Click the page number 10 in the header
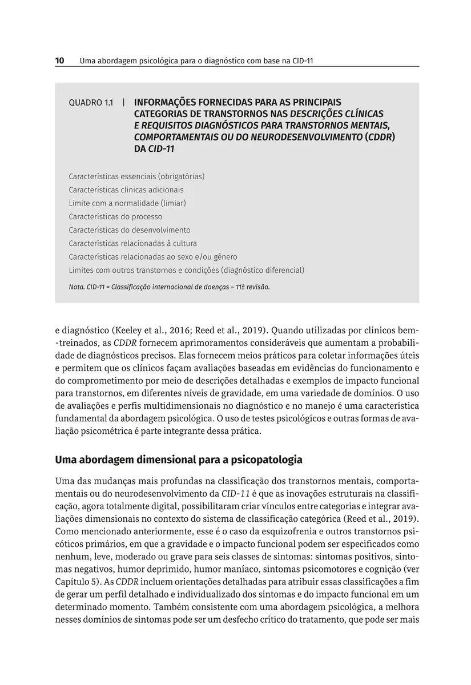(59, 60)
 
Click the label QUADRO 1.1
(90, 103)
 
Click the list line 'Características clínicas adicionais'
(126, 190)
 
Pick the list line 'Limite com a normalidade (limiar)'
(127, 203)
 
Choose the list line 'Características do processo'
(115, 217)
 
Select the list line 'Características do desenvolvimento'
(130, 230)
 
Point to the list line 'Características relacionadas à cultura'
(132, 244)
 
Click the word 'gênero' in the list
(224, 257)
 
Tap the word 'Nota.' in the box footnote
(77, 287)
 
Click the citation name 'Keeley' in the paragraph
(131, 331)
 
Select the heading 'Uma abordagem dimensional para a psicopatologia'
(179, 459)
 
